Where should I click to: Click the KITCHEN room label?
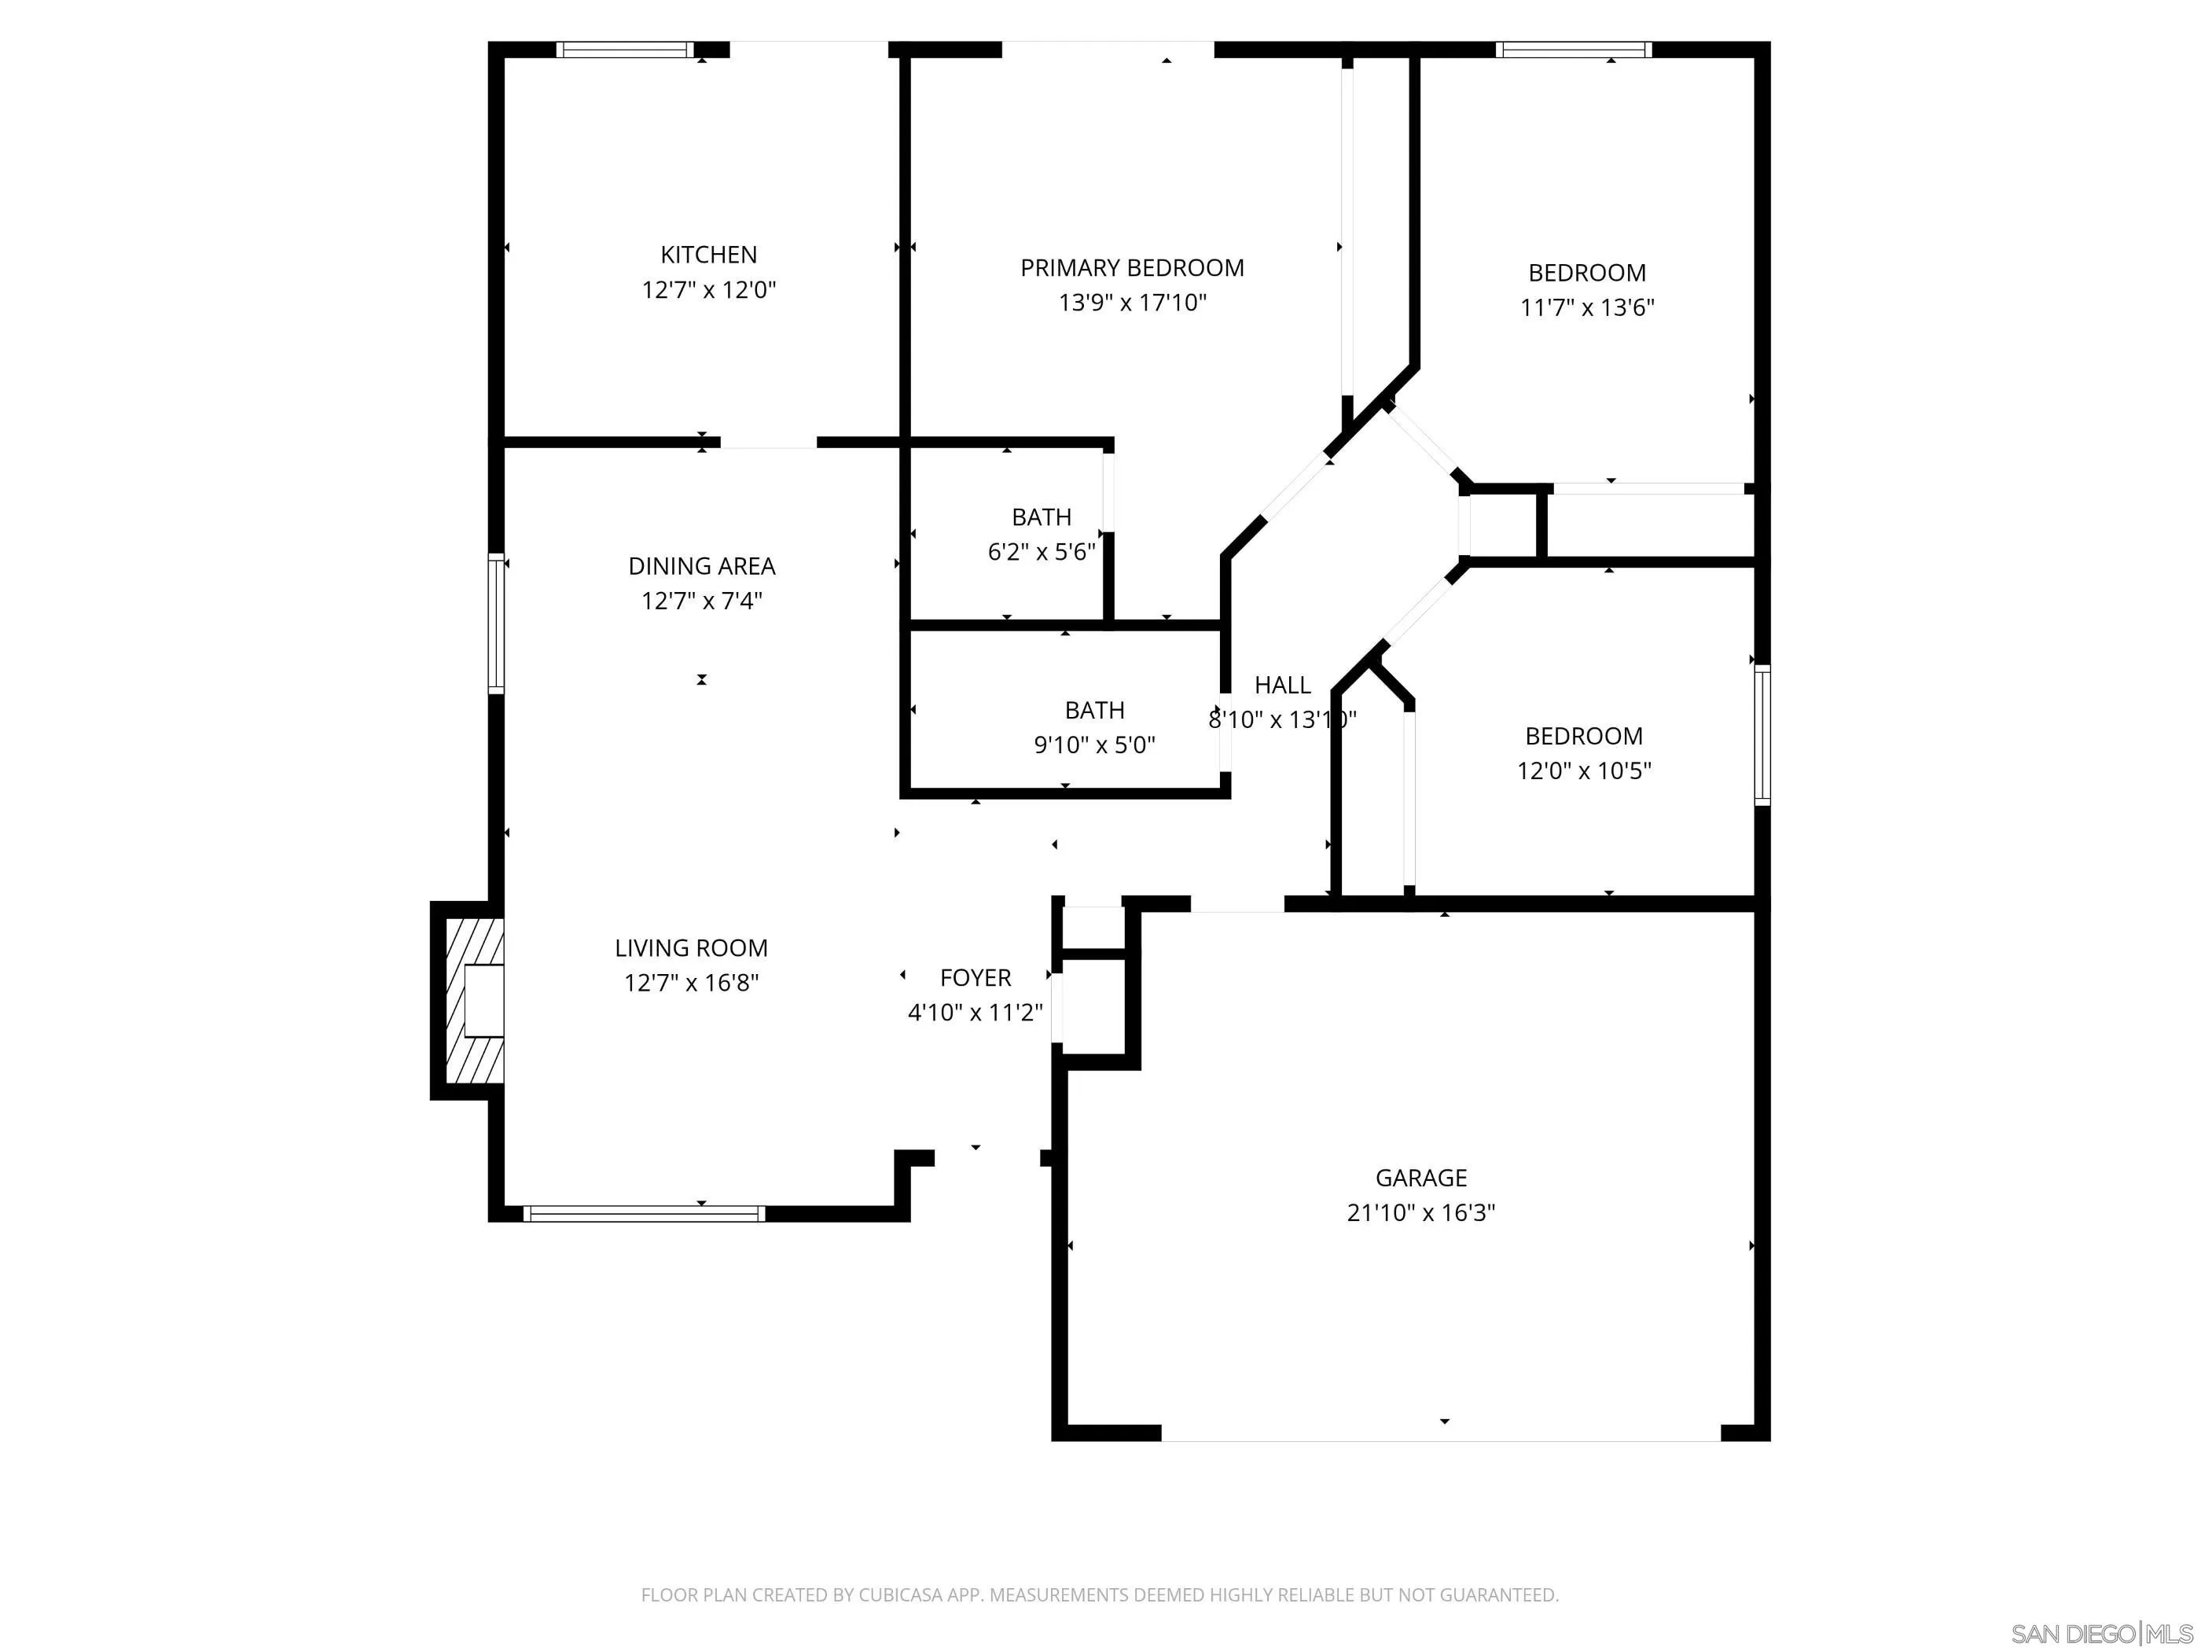point(708,255)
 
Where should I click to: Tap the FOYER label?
point(976,978)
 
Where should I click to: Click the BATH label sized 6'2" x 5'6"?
point(1041,517)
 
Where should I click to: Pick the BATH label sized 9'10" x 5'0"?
point(1093,711)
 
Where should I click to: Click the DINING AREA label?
point(701,566)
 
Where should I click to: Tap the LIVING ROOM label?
point(690,948)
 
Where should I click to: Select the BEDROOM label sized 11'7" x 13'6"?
point(1586,273)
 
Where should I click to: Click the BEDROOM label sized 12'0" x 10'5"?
point(1583,737)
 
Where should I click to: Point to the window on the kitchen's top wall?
point(624,50)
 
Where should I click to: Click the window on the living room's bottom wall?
point(644,1213)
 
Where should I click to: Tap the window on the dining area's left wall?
point(495,623)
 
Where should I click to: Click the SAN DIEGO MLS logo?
point(2100,1633)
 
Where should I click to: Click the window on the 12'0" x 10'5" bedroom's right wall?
point(1762,734)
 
